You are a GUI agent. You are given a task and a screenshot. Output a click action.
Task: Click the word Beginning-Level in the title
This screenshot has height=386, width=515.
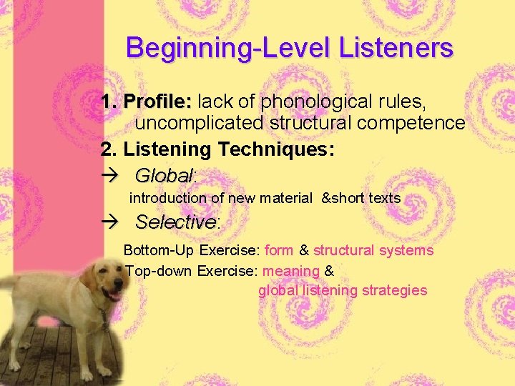tap(219, 48)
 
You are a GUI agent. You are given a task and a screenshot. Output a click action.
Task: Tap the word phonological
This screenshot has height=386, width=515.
tap(312, 102)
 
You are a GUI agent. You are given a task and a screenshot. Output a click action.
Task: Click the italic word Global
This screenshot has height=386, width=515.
tap(164, 175)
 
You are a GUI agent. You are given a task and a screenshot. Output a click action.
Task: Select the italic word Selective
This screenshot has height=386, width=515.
tap(175, 222)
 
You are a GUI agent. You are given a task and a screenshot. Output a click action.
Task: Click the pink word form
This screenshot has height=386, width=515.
tap(279, 250)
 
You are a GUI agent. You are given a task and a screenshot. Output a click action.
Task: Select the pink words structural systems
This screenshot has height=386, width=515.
tap(373, 250)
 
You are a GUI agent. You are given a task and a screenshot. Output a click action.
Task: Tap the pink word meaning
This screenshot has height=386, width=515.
tap(291, 271)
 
